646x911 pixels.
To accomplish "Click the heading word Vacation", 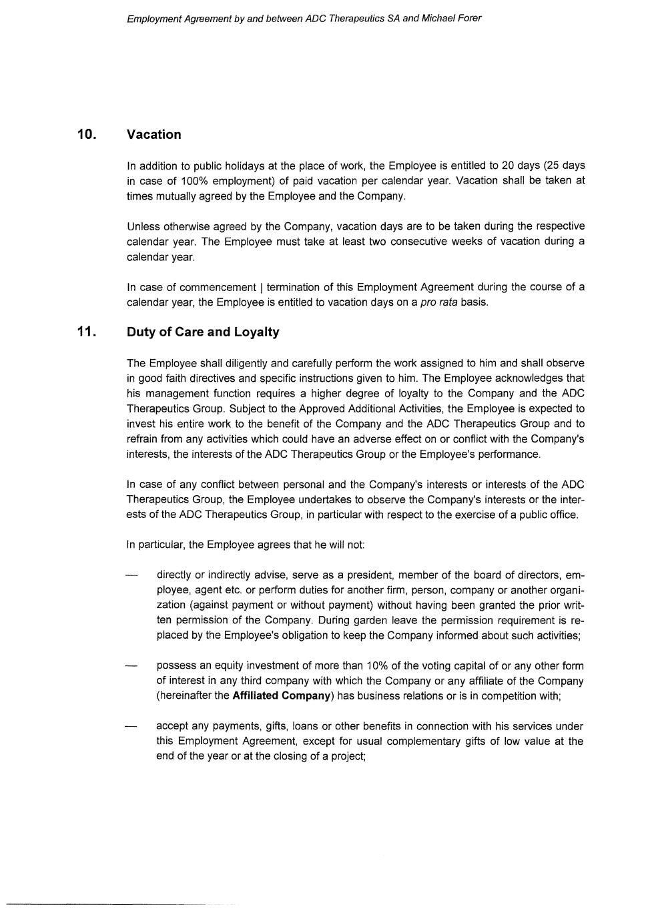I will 153,135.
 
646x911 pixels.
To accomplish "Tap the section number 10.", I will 87,134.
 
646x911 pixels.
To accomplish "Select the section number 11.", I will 87,332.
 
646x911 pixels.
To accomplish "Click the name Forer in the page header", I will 469,19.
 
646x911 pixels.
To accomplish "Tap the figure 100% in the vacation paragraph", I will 194,181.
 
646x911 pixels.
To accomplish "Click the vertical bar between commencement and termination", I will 261,288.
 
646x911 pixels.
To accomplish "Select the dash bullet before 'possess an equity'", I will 132,666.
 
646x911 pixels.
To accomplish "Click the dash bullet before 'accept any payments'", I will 132,727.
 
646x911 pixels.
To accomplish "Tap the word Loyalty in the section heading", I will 257,332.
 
